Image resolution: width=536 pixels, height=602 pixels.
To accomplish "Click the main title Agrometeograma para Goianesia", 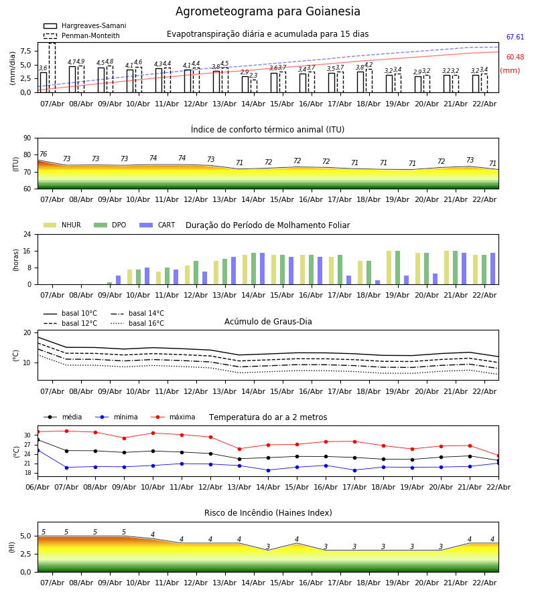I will pos(268,12).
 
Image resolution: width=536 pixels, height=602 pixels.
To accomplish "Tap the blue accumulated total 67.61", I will pos(515,38).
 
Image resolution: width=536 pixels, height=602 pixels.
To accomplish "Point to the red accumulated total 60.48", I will pos(515,58).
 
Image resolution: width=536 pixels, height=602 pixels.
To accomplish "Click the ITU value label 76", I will pos(43,155).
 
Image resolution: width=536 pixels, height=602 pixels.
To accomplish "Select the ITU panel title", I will pos(268,130).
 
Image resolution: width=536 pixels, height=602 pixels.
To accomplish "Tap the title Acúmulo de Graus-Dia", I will pos(268,322).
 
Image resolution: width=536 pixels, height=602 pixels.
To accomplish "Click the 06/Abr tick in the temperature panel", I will pos(38,486).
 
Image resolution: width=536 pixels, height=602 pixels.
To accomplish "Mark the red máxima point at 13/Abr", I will pos(239,449).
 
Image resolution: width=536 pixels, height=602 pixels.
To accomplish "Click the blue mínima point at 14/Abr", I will pos(268,470).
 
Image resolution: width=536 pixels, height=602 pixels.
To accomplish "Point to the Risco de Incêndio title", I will pos(268,513).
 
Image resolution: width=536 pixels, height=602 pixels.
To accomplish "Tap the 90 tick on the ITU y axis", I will pos(27,138).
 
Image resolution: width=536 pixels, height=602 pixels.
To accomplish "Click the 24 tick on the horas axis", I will pos(27,235).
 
